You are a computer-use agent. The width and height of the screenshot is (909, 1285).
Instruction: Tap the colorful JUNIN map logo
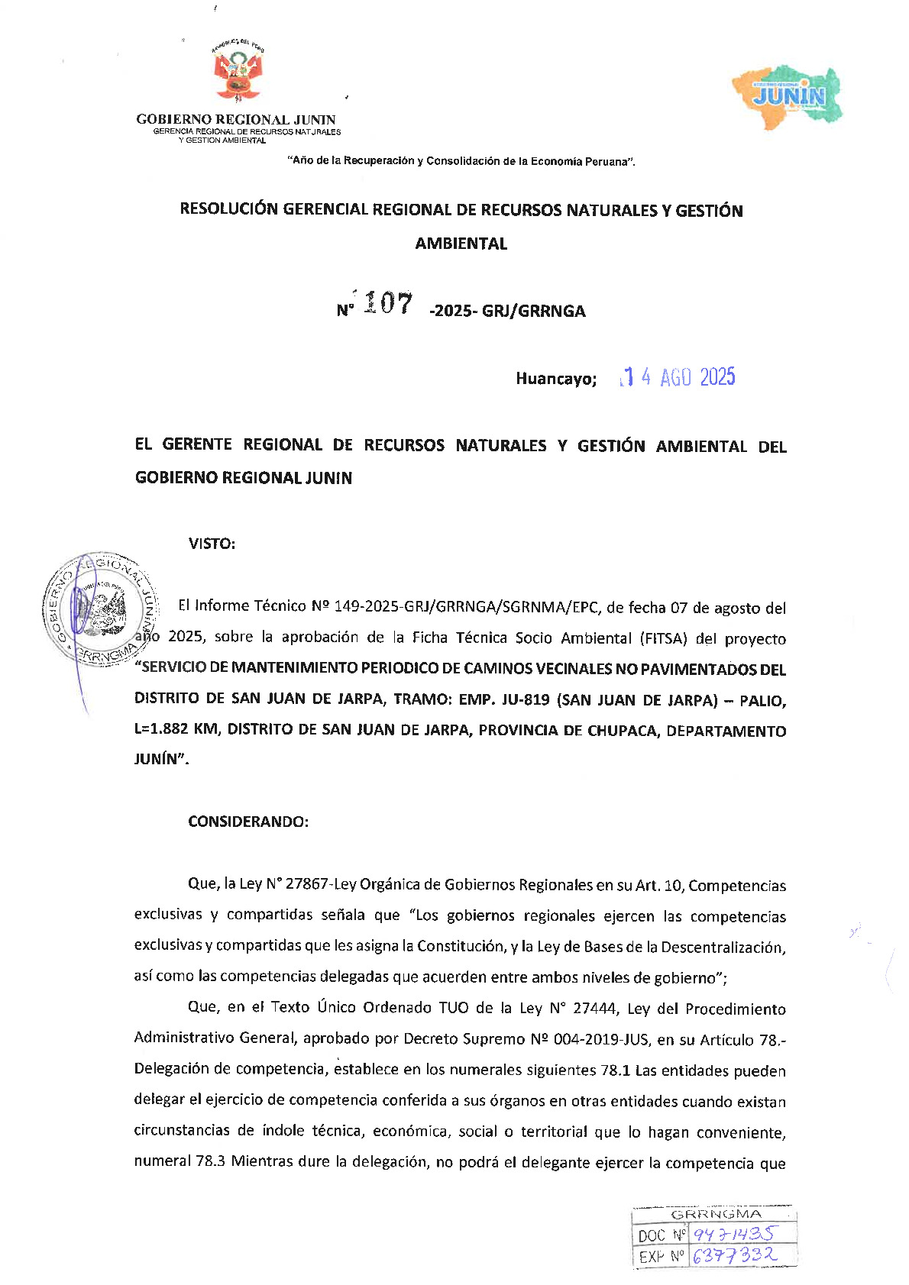(788, 95)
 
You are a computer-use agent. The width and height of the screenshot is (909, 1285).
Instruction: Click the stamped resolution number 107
(388, 303)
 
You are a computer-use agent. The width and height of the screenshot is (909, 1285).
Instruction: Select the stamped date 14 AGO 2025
(678, 377)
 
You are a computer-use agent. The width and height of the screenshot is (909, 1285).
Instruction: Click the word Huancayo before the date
(555, 379)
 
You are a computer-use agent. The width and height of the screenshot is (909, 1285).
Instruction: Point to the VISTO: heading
(212, 544)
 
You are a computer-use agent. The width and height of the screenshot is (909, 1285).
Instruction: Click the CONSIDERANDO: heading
(248, 822)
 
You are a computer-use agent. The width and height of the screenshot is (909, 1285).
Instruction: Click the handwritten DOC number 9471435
(732, 1234)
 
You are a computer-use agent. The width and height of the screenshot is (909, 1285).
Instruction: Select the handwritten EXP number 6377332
(733, 1254)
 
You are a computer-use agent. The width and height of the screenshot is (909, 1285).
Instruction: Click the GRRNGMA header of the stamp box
(715, 1214)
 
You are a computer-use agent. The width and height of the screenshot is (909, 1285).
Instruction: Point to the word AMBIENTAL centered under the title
(461, 244)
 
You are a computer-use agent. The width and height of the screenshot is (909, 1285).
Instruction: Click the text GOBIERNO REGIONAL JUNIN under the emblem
(235, 119)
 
